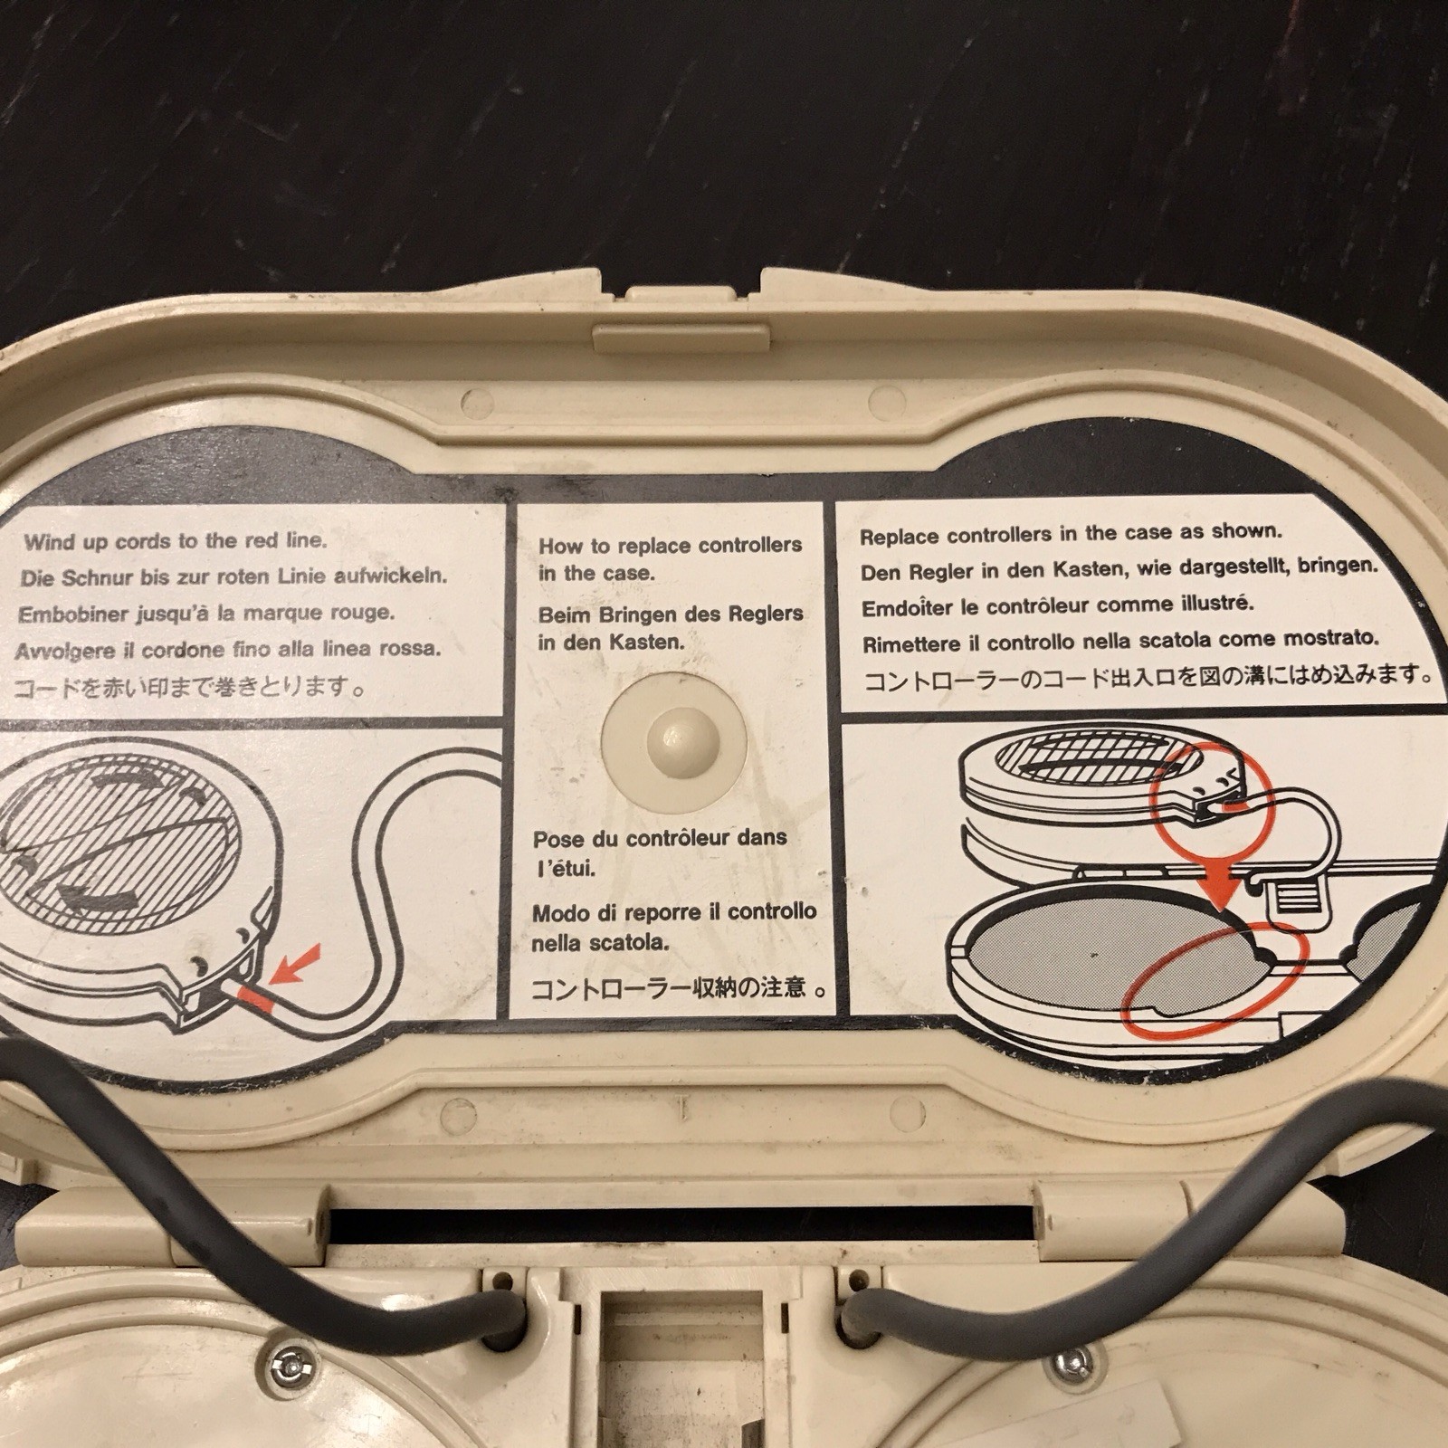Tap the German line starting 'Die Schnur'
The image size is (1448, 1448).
pyautogui.click(x=233, y=576)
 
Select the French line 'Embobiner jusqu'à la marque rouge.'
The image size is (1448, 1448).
pyautogui.click(x=206, y=613)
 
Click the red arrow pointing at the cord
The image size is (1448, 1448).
pyautogui.click(x=290, y=970)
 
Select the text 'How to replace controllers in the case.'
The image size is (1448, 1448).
pyautogui.click(x=670, y=558)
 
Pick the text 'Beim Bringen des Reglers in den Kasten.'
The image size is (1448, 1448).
pyautogui.click(x=671, y=628)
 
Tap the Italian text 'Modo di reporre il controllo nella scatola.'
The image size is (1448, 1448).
pyautogui.click(x=674, y=927)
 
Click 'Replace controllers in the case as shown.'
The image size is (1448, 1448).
pyautogui.click(x=1071, y=534)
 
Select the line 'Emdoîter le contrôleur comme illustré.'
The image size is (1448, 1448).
pyautogui.click(x=1057, y=605)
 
